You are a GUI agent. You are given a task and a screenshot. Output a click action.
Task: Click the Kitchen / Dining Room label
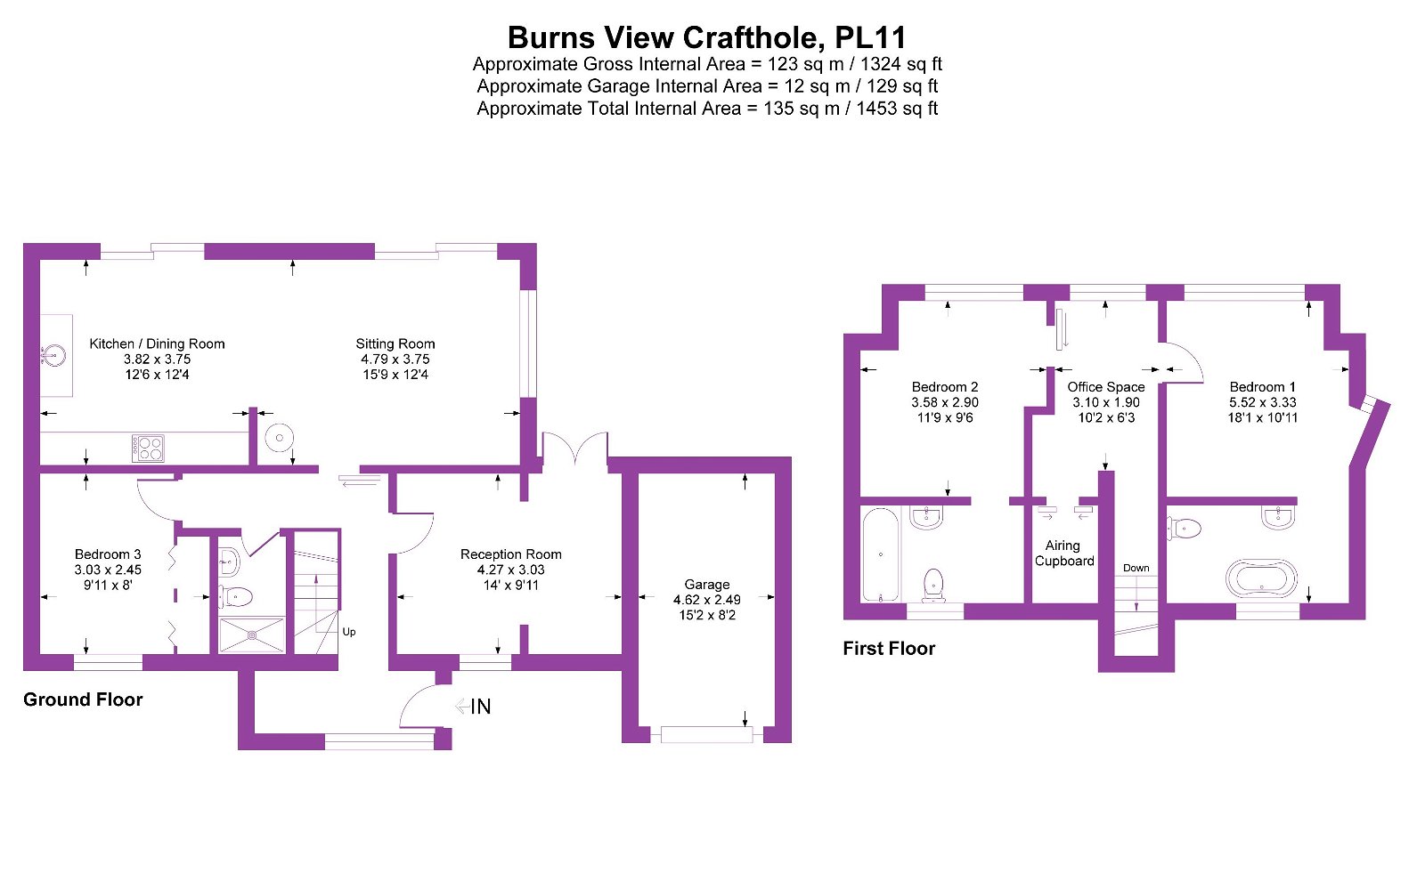(x=157, y=344)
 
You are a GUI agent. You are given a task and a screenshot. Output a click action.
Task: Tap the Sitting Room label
(x=395, y=344)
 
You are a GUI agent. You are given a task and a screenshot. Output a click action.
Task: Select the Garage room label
(x=707, y=585)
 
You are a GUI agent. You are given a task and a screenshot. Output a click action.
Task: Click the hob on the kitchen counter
(x=148, y=447)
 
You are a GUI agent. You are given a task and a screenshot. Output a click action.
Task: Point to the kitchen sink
(x=53, y=357)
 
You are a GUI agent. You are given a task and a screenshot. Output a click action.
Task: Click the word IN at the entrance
(x=481, y=707)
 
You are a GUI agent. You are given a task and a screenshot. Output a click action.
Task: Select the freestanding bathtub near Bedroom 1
(x=1261, y=578)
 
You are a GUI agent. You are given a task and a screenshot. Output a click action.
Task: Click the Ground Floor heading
(x=83, y=699)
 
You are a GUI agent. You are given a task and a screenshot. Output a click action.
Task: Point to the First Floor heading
(x=889, y=649)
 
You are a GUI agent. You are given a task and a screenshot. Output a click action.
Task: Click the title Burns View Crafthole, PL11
(x=707, y=37)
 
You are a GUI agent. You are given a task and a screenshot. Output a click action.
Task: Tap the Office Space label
(x=1106, y=387)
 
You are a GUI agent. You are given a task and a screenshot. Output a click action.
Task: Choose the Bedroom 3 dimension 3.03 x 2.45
(x=108, y=570)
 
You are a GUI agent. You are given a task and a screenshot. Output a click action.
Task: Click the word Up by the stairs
(x=349, y=632)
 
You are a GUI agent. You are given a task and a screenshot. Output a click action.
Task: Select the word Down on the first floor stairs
(x=1136, y=568)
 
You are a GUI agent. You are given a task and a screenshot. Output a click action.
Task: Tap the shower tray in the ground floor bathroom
(x=252, y=635)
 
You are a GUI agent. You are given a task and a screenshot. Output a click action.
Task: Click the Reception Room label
(x=511, y=554)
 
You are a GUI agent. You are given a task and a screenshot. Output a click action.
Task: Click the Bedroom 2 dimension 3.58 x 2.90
(x=945, y=402)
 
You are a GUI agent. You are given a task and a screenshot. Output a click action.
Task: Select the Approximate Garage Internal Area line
(x=707, y=86)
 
